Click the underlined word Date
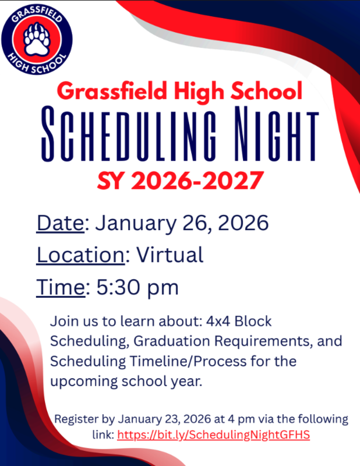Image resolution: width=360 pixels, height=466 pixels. pos(59,223)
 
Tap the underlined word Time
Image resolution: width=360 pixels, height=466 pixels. pos(60,287)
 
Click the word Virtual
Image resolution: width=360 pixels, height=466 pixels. pos(170,255)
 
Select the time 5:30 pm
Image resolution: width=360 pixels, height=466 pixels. pos(137,287)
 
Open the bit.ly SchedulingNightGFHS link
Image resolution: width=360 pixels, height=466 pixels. pos(213,435)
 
